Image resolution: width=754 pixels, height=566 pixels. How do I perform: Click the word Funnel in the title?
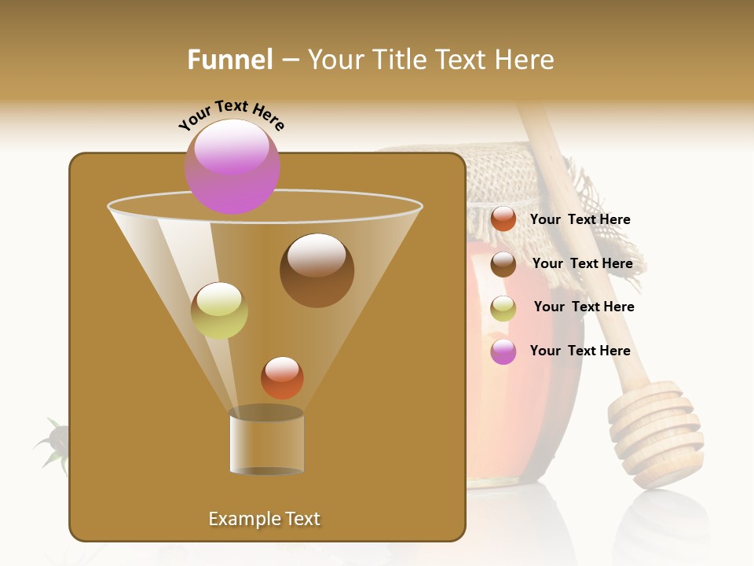pyautogui.click(x=229, y=60)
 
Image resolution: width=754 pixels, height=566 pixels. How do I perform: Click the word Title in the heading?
pyautogui.click(x=397, y=60)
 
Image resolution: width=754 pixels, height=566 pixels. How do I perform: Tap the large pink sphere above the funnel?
pyautogui.click(x=232, y=166)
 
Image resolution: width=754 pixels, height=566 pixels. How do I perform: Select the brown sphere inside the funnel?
pyautogui.click(x=317, y=270)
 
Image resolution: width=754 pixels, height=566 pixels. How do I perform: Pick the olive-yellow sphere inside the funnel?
pyautogui.click(x=219, y=311)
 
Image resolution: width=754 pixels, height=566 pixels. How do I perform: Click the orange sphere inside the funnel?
pyautogui.click(x=282, y=377)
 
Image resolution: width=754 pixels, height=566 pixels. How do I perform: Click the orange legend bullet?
pyautogui.click(x=503, y=219)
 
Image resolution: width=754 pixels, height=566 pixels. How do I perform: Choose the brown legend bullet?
pyautogui.click(x=503, y=264)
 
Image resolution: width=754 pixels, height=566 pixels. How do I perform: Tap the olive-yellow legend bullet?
pyautogui.click(x=503, y=308)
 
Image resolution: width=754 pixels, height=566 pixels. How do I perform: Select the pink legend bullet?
pyautogui.click(x=503, y=351)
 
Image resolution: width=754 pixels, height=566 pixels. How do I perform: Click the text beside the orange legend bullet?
pyautogui.click(x=580, y=220)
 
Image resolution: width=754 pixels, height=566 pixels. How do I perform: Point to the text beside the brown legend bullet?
pyautogui.click(x=582, y=264)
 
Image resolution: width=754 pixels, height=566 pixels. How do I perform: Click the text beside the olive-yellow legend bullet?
pyautogui.click(x=584, y=307)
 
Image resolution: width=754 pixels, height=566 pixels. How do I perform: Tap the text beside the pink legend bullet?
pyautogui.click(x=580, y=351)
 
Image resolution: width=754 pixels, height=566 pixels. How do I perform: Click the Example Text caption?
pyautogui.click(x=264, y=519)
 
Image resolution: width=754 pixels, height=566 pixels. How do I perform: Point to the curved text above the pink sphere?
pyautogui.click(x=231, y=116)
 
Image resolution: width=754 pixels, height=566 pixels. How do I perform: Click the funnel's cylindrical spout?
pyautogui.click(x=266, y=442)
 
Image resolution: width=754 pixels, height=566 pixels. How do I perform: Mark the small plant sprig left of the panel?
pyautogui.click(x=53, y=445)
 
